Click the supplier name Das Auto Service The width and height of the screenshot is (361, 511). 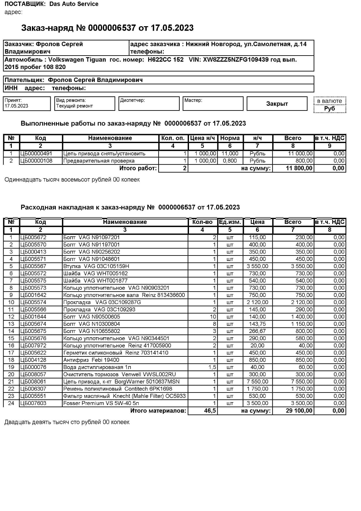point(74,4)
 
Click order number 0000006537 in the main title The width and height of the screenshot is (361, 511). point(112,28)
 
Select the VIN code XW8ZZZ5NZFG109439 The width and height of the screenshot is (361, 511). point(236,60)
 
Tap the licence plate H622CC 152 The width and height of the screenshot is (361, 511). point(166,60)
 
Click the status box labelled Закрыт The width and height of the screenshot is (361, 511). point(277,104)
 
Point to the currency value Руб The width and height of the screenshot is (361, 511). point(329,109)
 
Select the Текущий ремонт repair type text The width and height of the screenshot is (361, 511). point(74,106)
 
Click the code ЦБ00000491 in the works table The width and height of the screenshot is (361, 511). point(36,154)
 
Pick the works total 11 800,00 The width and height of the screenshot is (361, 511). point(299,168)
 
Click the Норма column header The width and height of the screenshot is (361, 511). point(230,138)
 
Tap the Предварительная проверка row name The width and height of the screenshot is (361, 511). point(99,161)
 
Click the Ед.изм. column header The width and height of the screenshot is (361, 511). point(230,222)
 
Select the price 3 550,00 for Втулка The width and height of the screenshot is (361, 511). point(257,266)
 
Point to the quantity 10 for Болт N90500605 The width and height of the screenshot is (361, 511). point(213,317)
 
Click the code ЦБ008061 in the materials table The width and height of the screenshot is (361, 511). point(33,382)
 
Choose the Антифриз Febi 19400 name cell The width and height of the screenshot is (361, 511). point(91,360)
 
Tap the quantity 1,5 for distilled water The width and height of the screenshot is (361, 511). point(212,367)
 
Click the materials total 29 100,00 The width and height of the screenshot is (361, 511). point(299,411)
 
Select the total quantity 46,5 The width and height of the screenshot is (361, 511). point(210,411)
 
